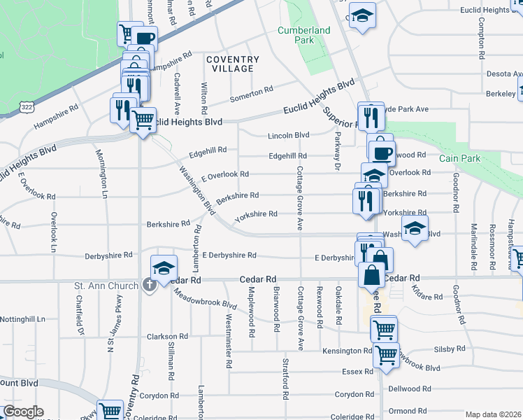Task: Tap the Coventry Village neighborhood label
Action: coord(230,64)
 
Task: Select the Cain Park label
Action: coord(460,159)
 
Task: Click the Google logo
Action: coord(22,412)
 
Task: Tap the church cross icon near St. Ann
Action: coord(149,285)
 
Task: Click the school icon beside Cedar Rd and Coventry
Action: coord(164,267)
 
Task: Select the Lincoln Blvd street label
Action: coord(289,135)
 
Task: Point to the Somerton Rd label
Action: coord(251,92)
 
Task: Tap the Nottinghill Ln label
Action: coord(22,318)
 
